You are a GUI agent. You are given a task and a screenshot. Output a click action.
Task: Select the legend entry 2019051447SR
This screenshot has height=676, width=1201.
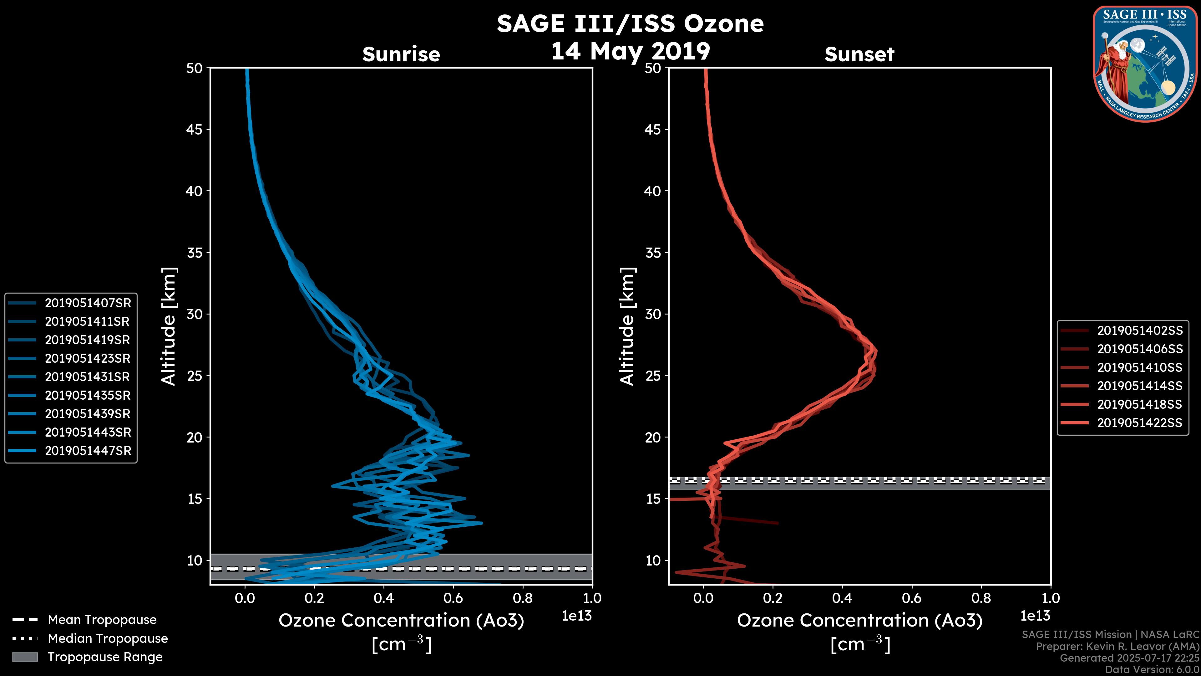tap(88, 451)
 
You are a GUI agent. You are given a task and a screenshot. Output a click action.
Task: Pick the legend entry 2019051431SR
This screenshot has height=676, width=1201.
tap(88, 377)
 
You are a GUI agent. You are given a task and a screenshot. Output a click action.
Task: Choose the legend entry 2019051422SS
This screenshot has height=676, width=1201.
tap(1139, 423)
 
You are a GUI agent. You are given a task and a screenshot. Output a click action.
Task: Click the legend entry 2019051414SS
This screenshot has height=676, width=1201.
tap(1139, 386)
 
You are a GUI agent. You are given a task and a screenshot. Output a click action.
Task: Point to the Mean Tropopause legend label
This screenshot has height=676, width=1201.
tap(102, 620)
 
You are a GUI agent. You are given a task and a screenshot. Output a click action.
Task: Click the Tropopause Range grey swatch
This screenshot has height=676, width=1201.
tap(25, 657)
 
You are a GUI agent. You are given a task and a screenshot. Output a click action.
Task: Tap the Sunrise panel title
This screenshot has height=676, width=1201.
tap(401, 54)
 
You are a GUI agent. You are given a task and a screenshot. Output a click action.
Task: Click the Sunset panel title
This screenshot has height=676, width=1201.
tap(859, 54)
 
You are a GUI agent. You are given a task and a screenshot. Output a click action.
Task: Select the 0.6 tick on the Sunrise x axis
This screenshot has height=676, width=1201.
tap(453, 598)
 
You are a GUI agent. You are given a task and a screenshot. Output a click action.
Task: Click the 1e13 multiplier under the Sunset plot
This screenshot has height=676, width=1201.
tap(1035, 616)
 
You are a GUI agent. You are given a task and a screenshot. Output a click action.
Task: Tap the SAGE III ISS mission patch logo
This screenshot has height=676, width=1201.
tap(1145, 64)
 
